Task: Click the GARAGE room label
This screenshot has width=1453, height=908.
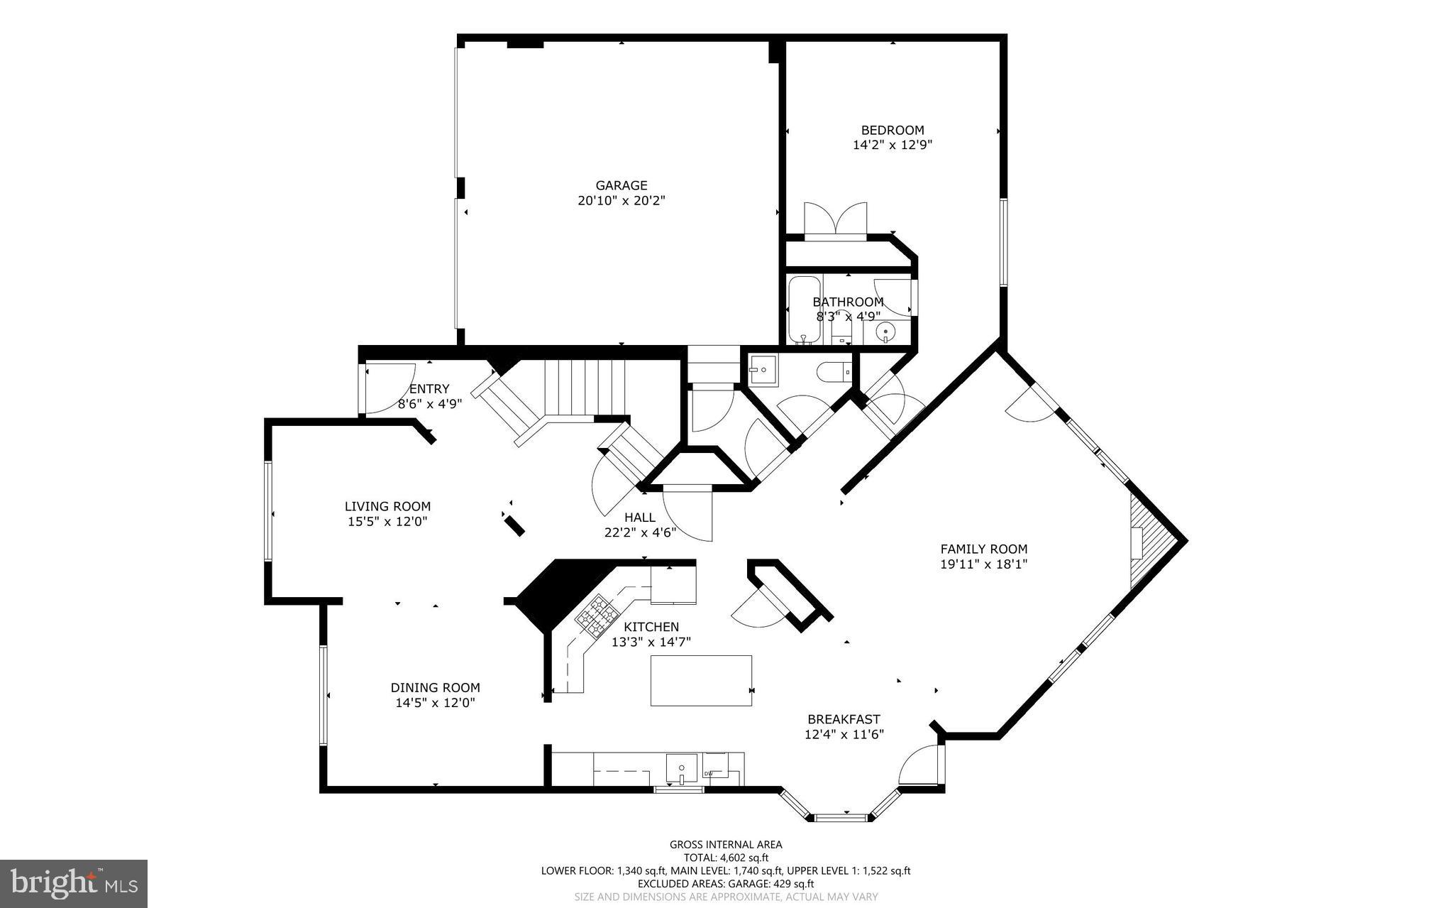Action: pyautogui.click(x=621, y=185)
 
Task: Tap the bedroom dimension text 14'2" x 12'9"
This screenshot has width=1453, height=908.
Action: pyautogui.click(x=892, y=145)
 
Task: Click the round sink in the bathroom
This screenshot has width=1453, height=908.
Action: pyautogui.click(x=885, y=331)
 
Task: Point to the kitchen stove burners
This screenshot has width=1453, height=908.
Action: pyautogui.click(x=595, y=614)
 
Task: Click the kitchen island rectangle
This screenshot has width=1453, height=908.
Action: pyautogui.click(x=701, y=680)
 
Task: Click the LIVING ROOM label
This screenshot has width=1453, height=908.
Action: pyautogui.click(x=387, y=506)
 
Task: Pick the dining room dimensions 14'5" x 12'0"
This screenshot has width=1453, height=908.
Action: pyautogui.click(x=435, y=703)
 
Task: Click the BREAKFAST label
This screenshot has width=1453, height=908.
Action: pyautogui.click(x=844, y=719)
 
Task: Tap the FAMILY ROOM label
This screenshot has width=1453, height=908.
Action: pyautogui.click(x=983, y=549)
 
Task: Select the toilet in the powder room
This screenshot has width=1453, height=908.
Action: pyautogui.click(x=833, y=371)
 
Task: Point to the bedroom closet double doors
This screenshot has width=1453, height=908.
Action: pyautogui.click(x=835, y=220)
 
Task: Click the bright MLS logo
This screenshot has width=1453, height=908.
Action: pyautogui.click(x=74, y=883)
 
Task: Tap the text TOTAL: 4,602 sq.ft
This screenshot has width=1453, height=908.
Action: pyautogui.click(x=726, y=857)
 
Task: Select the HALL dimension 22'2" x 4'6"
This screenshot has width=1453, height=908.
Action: pyautogui.click(x=640, y=532)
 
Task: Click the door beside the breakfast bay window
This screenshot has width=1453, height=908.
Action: pyautogui.click(x=921, y=765)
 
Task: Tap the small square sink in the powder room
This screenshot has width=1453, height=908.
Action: pyautogui.click(x=763, y=370)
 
